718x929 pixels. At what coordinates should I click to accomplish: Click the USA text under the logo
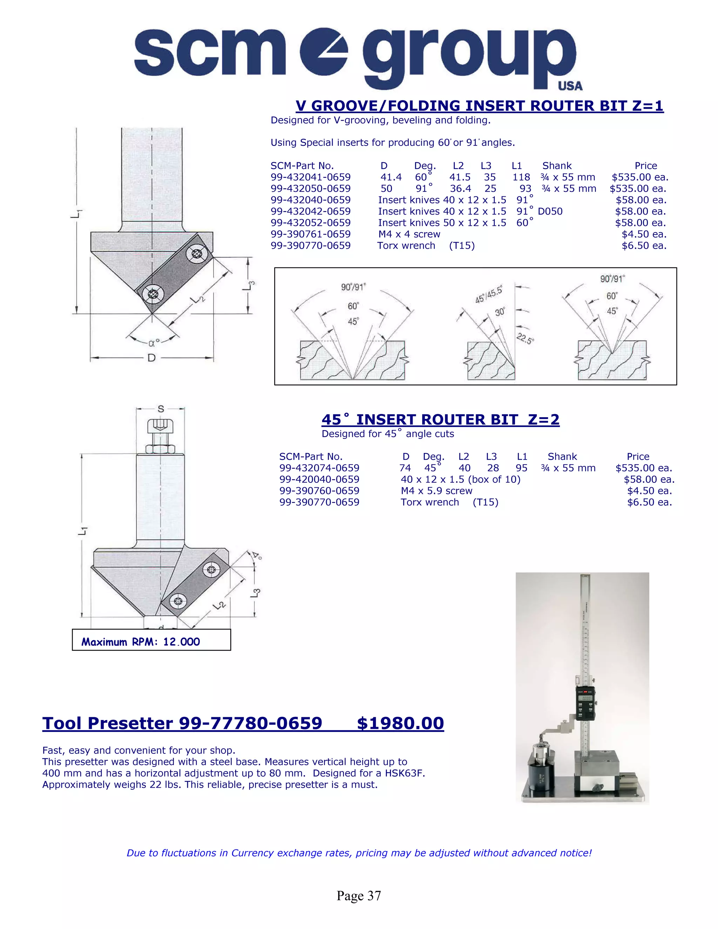570,86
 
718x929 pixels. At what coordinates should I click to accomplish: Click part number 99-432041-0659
311,177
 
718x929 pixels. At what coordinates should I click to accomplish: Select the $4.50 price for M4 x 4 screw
644,235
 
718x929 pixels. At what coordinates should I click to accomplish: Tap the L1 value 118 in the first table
521,177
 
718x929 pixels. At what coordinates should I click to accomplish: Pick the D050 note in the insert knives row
550,211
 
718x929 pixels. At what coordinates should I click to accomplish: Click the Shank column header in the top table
557,166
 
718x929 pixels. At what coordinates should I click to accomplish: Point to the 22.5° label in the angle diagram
525,339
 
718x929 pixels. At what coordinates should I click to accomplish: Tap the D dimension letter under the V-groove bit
151,358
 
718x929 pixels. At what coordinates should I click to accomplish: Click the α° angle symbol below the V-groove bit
154,343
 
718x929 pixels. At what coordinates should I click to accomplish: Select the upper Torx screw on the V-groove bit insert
197,254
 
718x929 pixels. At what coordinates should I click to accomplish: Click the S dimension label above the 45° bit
161,409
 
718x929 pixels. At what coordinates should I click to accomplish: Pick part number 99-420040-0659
319,479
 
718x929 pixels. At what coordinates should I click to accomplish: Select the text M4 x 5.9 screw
436,491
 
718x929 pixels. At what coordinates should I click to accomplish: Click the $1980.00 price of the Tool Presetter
400,723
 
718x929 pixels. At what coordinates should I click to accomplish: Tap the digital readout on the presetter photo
586,698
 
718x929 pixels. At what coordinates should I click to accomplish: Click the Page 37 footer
359,895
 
